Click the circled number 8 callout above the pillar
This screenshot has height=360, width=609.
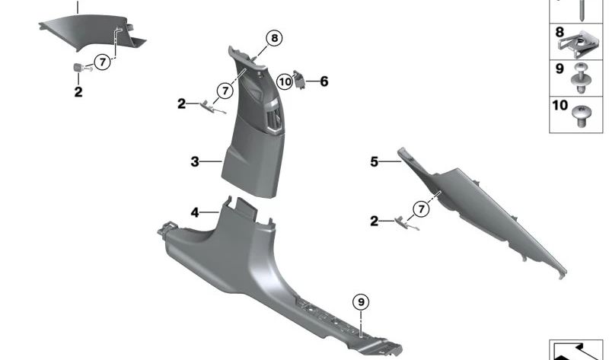pos(273,37)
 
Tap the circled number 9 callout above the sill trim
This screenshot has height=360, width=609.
pos(361,302)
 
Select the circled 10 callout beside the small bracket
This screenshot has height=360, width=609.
pos(285,81)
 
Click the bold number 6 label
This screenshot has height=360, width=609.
pos(324,81)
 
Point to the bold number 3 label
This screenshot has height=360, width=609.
pos(195,162)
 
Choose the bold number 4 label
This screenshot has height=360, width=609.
pos(195,213)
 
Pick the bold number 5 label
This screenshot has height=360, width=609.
pos(374,161)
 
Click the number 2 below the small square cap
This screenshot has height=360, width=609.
pos(78,93)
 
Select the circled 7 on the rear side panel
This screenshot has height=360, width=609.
pos(419,208)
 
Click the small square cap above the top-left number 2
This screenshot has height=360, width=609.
pos(78,68)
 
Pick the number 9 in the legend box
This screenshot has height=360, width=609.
pos(559,68)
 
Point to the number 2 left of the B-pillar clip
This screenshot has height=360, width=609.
pos(181,104)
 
